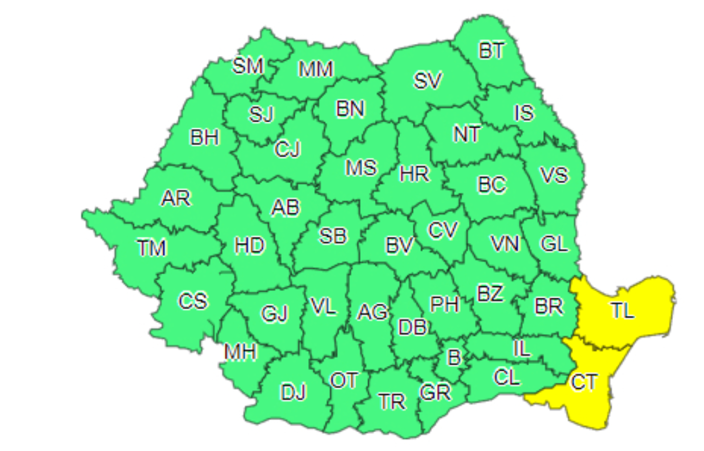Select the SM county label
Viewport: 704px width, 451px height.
(x=247, y=65)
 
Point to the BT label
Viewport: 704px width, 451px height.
(x=491, y=51)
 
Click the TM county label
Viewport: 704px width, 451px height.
(x=151, y=248)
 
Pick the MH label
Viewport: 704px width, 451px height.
(x=241, y=352)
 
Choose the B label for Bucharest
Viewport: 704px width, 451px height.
(x=453, y=356)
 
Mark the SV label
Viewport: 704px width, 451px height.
(x=428, y=81)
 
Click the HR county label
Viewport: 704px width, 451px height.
(x=414, y=174)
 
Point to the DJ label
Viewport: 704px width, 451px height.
(x=293, y=391)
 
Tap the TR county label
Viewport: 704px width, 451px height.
(x=392, y=402)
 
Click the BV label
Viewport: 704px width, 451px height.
(x=399, y=246)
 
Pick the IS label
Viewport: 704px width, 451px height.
(x=524, y=113)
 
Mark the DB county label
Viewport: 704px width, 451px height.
(x=412, y=328)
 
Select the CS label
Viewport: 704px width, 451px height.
(x=193, y=300)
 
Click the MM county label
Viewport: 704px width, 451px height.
(x=316, y=69)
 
